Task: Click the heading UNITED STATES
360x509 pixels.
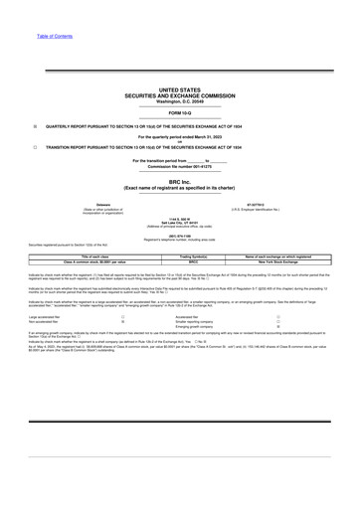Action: click(x=179, y=89)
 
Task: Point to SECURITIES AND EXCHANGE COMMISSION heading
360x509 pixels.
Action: click(x=179, y=95)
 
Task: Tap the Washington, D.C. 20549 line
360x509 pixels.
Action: click(x=179, y=101)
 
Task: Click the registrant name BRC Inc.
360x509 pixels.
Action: click(x=179, y=179)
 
